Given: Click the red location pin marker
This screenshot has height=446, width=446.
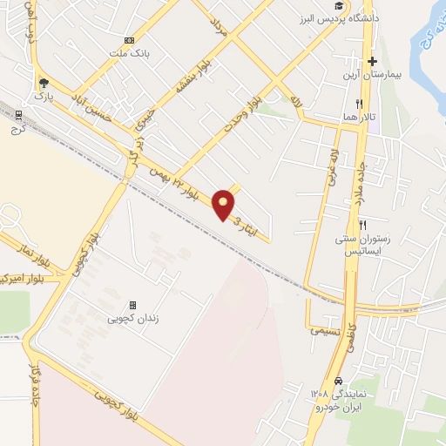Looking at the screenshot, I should (x=224, y=204).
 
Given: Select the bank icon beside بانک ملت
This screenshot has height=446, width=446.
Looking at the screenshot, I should (x=129, y=39).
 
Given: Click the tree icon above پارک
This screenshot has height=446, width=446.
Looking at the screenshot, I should (x=43, y=84).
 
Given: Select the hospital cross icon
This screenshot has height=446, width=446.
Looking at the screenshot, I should (x=373, y=61).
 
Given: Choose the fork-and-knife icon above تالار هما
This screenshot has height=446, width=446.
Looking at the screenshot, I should (x=347, y=103).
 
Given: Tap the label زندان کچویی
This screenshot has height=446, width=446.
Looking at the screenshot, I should (x=132, y=319).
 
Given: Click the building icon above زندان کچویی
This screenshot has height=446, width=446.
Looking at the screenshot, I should (x=132, y=305).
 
